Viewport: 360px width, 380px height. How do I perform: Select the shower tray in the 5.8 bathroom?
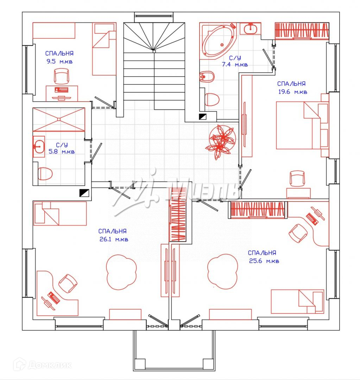coord(59,120)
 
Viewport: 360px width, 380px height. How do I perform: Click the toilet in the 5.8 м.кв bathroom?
coord(45,173)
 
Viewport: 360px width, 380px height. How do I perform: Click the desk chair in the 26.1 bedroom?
coord(68,283)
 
